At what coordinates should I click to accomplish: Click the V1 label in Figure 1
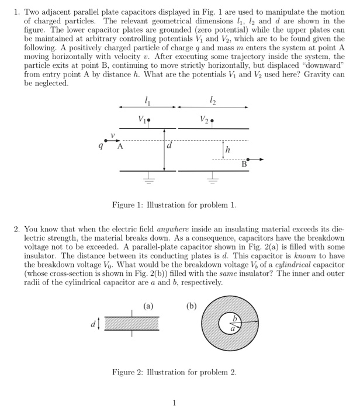[143, 121]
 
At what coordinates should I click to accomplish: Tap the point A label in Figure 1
[120, 147]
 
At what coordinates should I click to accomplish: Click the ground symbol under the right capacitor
[212, 180]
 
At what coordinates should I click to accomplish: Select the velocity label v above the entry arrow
[113, 133]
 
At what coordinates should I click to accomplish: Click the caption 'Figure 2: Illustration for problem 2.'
[175, 372]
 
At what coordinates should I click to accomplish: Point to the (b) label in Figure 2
[192, 305]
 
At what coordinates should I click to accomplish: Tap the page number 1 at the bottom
[175, 402]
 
